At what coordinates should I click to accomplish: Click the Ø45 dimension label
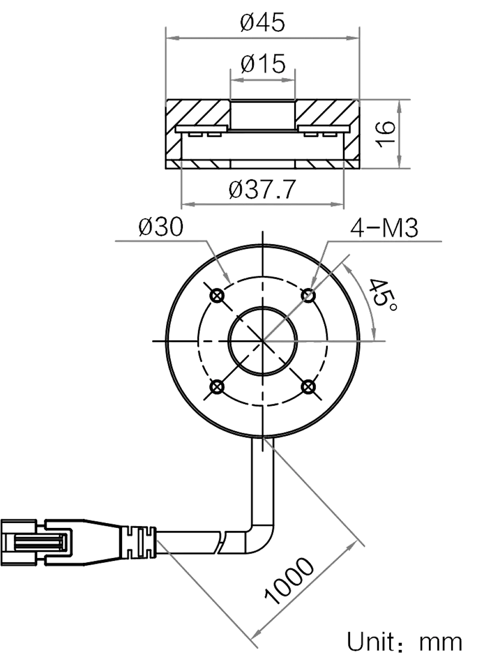pyautogui.click(x=263, y=23)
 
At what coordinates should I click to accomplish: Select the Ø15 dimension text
pyautogui.click(x=263, y=64)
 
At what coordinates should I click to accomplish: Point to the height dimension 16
pyautogui.click(x=385, y=134)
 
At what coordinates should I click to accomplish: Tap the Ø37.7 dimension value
pyautogui.click(x=263, y=189)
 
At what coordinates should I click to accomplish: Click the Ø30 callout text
pyautogui.click(x=160, y=227)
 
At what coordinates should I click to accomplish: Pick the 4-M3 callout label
pyautogui.click(x=384, y=228)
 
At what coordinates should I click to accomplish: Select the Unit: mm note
pyautogui.click(x=405, y=642)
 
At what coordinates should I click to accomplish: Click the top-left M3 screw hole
pyautogui.click(x=218, y=296)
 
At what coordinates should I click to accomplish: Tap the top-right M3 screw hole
pyautogui.click(x=309, y=296)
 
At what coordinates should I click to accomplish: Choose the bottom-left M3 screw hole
pyautogui.click(x=218, y=387)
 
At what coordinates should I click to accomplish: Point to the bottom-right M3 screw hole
pyautogui.click(x=309, y=387)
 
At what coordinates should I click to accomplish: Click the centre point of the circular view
pyautogui.click(x=263, y=341)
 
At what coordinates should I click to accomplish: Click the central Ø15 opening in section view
pyautogui.click(x=263, y=114)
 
